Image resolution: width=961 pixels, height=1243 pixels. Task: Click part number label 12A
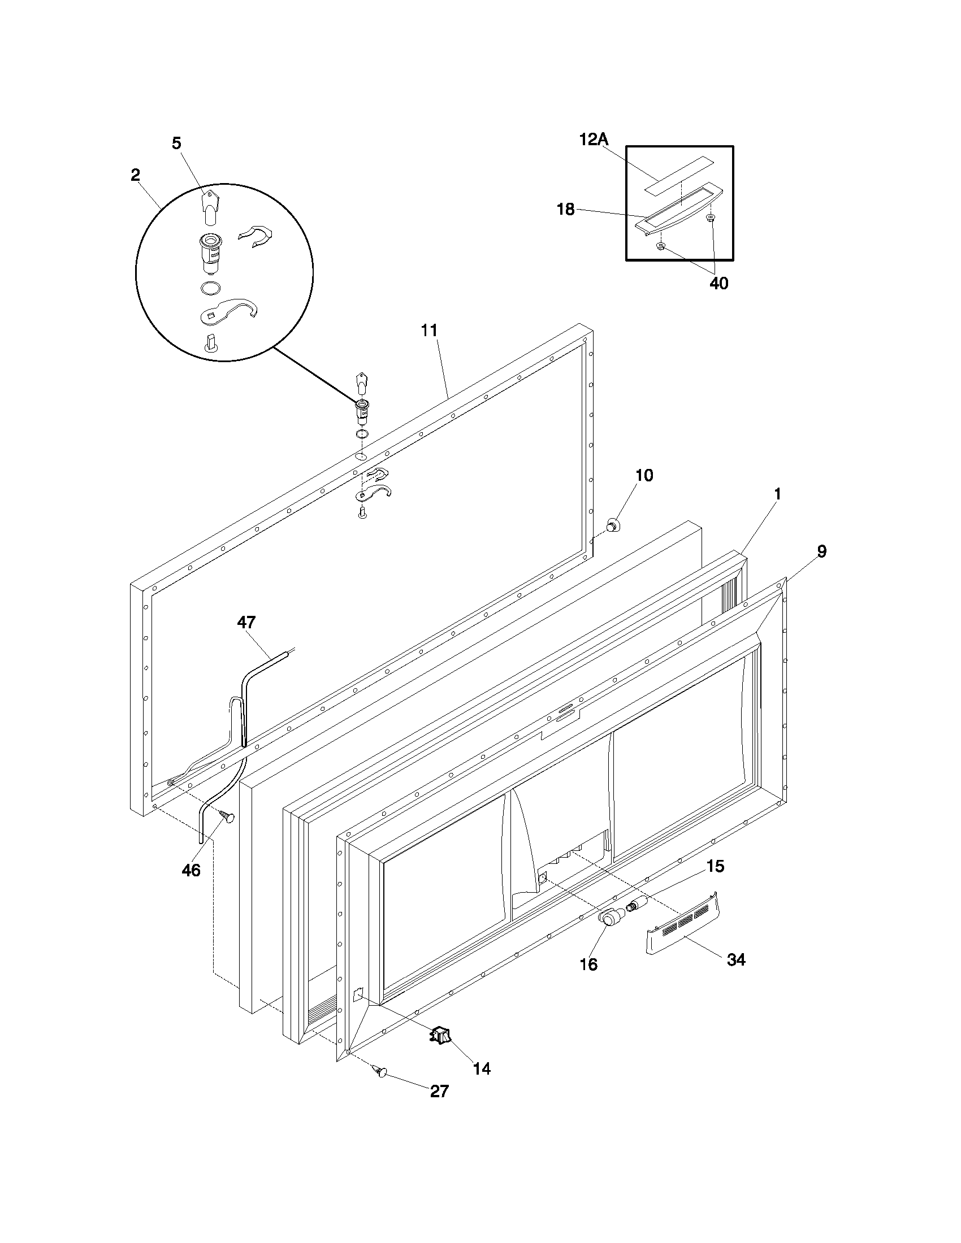point(594,140)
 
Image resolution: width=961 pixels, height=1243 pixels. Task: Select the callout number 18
point(565,210)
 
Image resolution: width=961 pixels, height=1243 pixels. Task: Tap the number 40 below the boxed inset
point(718,283)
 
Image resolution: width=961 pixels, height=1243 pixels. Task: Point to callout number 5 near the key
point(176,144)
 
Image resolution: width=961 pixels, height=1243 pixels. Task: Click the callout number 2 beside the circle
point(135,175)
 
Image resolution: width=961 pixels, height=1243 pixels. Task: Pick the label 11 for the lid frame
point(429,331)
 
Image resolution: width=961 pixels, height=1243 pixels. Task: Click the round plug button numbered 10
point(613,525)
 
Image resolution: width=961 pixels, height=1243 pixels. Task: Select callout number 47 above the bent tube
point(246,622)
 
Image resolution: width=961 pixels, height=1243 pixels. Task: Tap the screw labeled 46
point(230,818)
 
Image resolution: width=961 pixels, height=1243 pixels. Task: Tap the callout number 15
point(715,866)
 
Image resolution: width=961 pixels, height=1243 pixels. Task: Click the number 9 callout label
point(821,551)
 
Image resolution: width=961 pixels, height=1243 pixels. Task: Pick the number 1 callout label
point(777,494)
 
